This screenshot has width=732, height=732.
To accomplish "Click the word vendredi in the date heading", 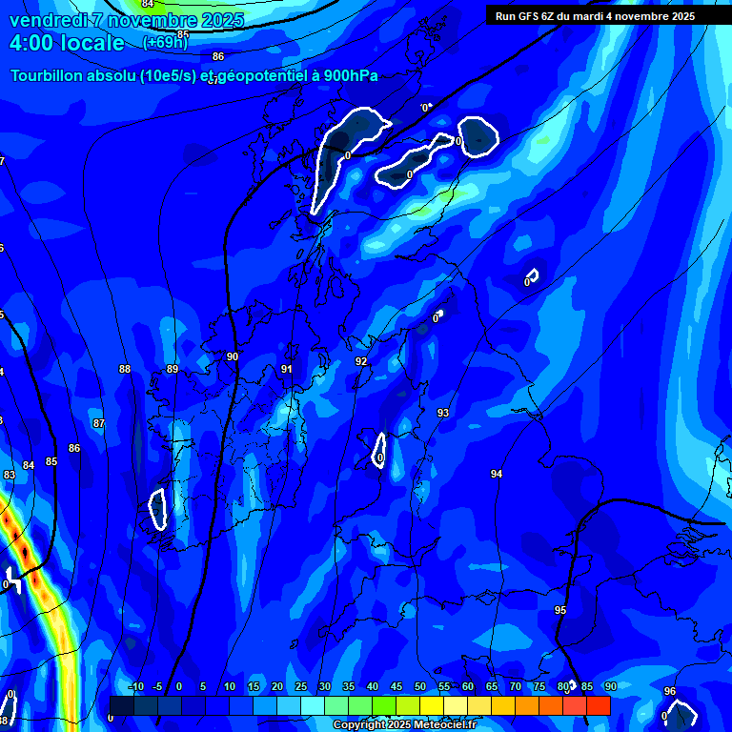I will (47, 20).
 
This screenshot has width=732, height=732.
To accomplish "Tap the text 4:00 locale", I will (67, 43).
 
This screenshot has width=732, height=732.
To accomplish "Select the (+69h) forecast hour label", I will (165, 42).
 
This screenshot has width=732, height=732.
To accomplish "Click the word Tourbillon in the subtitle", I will (50, 76).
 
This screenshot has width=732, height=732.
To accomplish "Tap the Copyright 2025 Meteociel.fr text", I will (404, 725).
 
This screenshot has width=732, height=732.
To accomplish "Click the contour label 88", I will (125, 369).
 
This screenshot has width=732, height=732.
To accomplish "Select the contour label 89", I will (173, 369).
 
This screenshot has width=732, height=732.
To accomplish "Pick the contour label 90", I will (233, 356).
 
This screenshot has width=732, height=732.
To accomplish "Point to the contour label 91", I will (287, 369).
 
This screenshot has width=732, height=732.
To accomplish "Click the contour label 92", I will (361, 361).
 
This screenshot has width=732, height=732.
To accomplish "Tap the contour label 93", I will (443, 413).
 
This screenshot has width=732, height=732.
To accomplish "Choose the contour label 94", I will (497, 474).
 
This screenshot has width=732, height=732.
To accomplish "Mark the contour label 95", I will (560, 610).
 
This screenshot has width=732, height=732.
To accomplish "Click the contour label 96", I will (670, 691).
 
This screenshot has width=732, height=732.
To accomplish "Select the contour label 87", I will (99, 423).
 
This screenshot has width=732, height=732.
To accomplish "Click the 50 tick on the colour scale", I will (420, 686).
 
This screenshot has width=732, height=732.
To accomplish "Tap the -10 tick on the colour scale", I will (136, 686).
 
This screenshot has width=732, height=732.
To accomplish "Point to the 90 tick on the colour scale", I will (610, 686).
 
